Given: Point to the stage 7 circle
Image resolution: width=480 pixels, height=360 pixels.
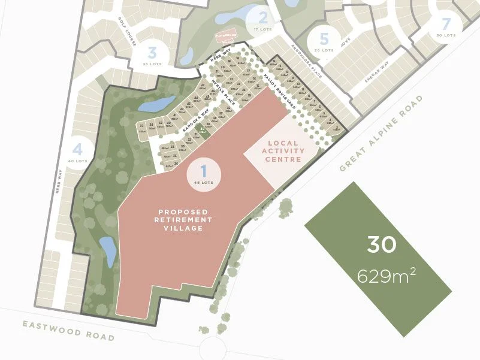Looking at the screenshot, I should (x=445, y=28).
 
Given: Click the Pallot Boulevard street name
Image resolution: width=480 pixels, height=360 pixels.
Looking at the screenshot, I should (x=277, y=94).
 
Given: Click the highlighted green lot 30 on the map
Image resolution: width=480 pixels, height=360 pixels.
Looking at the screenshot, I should (x=203, y=129).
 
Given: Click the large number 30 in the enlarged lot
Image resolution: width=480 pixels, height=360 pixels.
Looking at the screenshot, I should (x=382, y=245).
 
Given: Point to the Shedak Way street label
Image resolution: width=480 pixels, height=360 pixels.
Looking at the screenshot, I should (x=377, y=72).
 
